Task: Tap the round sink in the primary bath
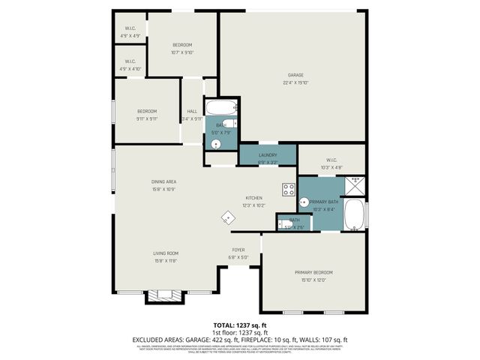tap(303, 202)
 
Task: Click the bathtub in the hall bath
tap(222, 106)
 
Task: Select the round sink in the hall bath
tap(215, 142)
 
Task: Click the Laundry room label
tap(268, 154)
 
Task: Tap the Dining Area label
tap(164, 181)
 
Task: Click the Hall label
tap(192, 112)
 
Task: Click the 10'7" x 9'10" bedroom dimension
tap(181, 52)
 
